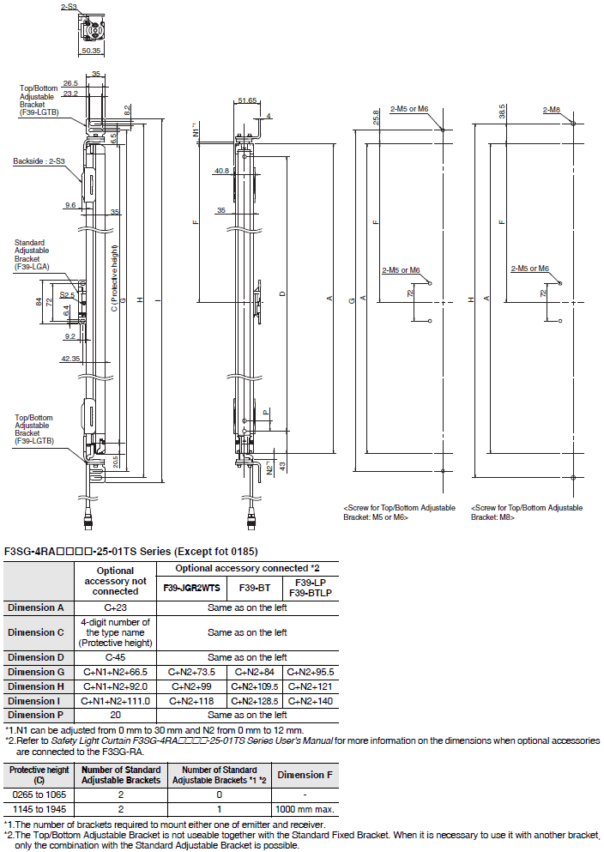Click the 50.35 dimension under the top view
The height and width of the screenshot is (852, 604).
pos(91,51)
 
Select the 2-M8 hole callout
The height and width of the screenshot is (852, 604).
pos(551,110)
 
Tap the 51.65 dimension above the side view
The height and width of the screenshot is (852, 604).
pos(247,100)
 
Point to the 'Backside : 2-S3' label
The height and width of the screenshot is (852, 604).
pos(39,161)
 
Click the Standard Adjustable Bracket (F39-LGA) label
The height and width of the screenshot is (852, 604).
pos(32,255)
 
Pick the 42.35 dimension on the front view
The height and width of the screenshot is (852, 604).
pos(70,359)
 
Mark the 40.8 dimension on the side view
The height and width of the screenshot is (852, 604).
pos(221,171)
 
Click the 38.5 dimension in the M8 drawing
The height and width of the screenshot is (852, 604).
pos(502,111)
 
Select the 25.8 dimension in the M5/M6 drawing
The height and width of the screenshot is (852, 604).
pos(376,118)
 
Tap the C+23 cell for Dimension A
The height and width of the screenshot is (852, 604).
pos(115,607)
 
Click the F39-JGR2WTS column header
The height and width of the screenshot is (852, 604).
pos(191,588)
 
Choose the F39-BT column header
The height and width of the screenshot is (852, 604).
pos(255,588)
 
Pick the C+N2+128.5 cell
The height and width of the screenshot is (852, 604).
pos(255,701)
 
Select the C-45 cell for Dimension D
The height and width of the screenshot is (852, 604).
pos(115,657)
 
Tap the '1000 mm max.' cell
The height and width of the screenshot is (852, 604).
pos(305,809)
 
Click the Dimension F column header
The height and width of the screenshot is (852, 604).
pos(305,775)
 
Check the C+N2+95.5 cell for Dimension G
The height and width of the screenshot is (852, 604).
pos(311,672)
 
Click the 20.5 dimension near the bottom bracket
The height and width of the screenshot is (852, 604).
pos(116,462)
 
